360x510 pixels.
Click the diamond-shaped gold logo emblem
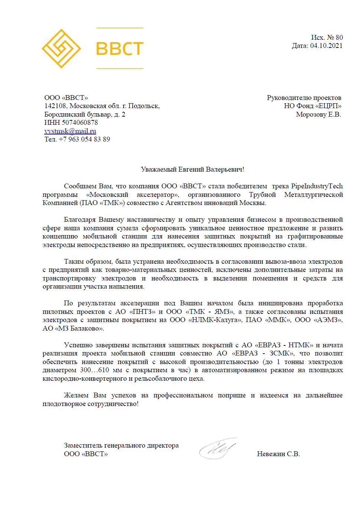[x=61, y=49]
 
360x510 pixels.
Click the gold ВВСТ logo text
[x=120, y=49]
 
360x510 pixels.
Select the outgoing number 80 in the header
[x=339, y=38]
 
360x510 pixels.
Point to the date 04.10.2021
[x=326, y=46]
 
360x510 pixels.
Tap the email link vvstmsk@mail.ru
[x=70, y=131]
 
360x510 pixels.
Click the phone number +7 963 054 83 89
[x=84, y=139]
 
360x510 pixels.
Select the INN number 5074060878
[x=80, y=123]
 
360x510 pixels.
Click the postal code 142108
[x=55, y=106]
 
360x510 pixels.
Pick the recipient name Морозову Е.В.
[x=318, y=114]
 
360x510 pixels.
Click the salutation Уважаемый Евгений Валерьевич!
[x=192, y=169]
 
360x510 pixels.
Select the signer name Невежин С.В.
[x=278, y=454]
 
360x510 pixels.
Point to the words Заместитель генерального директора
[x=121, y=445]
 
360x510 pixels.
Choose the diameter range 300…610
[x=95, y=370]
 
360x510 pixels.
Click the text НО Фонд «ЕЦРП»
[x=312, y=106]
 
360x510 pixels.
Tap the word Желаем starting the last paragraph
[x=76, y=395]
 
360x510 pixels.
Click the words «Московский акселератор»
[x=132, y=195]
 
